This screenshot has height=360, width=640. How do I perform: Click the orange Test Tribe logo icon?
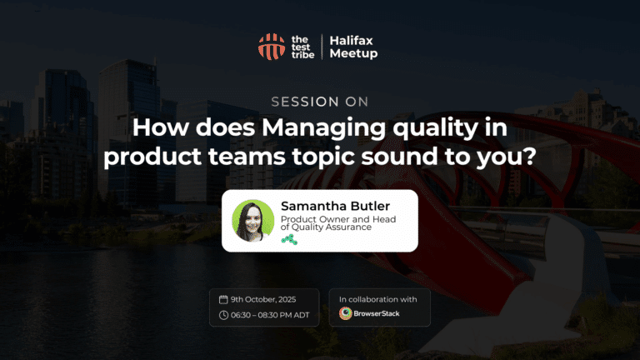272,47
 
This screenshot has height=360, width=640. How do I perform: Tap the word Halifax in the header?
351,40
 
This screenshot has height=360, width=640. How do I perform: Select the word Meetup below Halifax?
353,53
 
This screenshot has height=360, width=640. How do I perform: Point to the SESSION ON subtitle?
320,102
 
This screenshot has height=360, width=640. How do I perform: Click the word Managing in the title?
323,128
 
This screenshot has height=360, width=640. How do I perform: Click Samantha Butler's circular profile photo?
253,220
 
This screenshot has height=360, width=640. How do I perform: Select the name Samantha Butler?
336,206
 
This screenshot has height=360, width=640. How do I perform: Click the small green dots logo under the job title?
289,240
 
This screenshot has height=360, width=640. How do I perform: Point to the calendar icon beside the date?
223,300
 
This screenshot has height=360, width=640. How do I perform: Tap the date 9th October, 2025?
263,300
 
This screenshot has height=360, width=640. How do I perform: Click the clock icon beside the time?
223,315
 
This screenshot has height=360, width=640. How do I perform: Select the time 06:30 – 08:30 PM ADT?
270,315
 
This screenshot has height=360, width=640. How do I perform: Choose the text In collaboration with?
378,299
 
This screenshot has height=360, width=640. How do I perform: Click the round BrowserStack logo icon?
346,313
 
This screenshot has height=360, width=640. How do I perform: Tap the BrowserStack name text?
377,313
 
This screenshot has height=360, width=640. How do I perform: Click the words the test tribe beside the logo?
302,47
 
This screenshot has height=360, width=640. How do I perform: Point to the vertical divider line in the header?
322,47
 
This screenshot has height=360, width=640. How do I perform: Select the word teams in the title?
247,157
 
